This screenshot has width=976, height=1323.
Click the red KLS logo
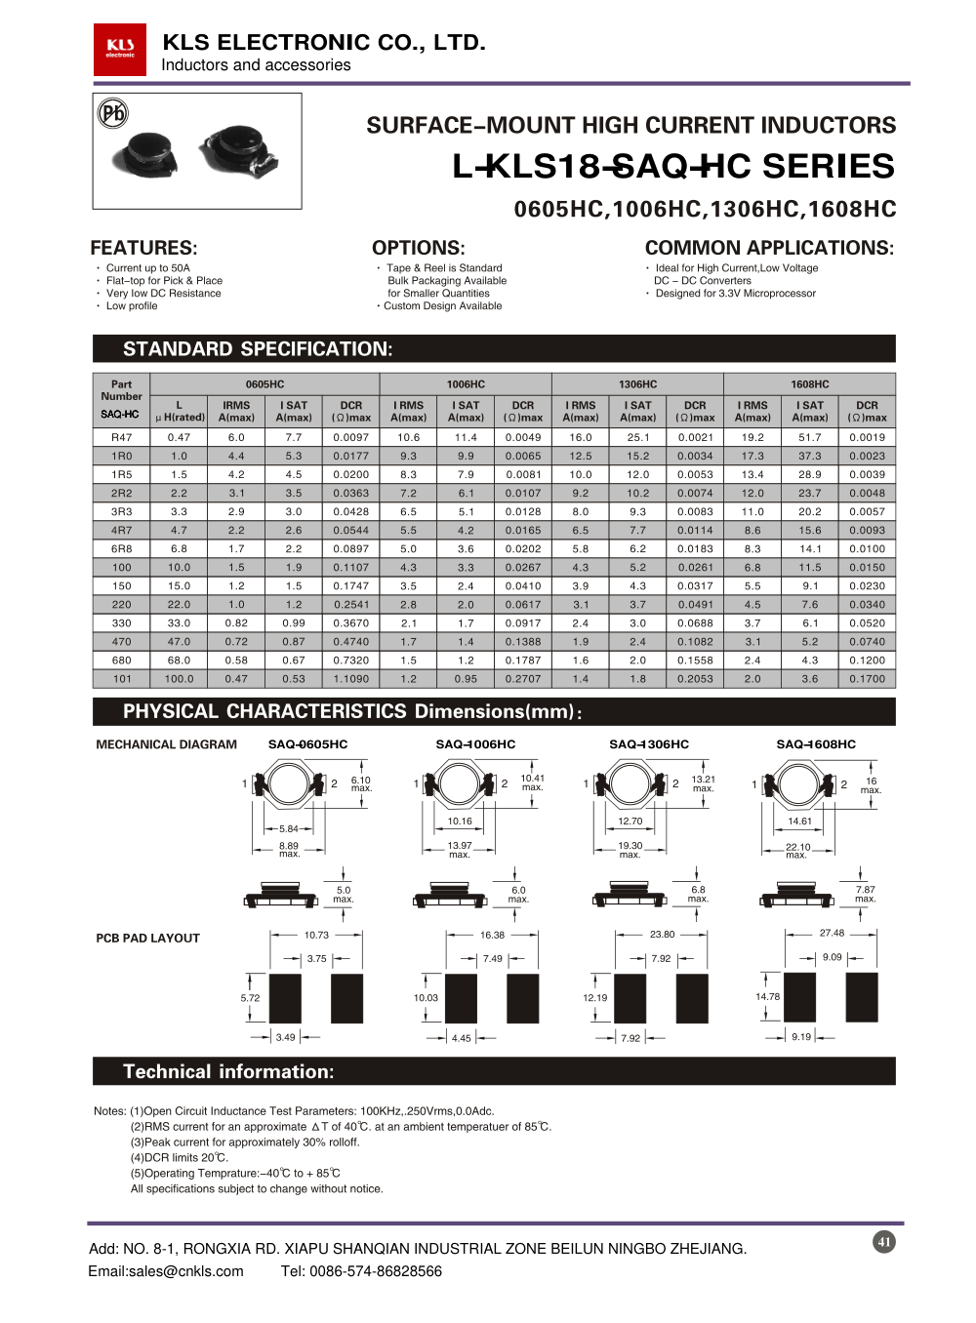119,50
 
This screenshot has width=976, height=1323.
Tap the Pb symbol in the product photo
113,113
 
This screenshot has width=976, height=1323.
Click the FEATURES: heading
143,248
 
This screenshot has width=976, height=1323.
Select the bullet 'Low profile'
131,306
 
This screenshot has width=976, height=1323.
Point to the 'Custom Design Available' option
442,306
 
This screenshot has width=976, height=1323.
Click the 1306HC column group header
637,384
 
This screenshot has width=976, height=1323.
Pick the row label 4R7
121,531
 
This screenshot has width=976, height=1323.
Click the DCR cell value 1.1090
350,679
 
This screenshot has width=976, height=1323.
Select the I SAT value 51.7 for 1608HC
809,438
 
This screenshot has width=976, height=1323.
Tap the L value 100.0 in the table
179,679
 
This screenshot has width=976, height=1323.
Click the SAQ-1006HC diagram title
475,744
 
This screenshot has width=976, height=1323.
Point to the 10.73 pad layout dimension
316,935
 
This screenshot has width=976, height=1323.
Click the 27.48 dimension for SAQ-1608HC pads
832,933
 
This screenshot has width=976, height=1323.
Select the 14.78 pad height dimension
767,997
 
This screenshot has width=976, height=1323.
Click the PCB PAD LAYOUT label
147,939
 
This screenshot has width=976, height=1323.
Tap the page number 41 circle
884,1242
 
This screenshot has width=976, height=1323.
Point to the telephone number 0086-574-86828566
376,1271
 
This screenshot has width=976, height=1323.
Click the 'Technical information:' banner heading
228,1071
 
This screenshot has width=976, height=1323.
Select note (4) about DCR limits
180,1158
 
